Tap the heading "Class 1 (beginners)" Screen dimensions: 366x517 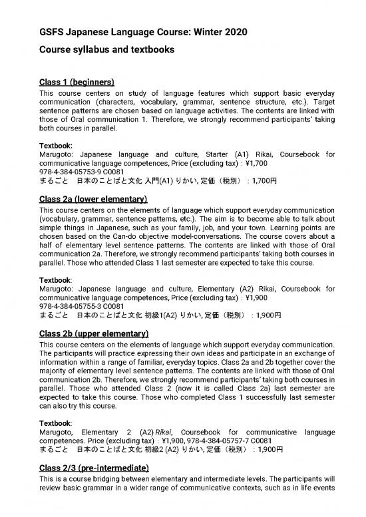pyautogui.click(x=78, y=82)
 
